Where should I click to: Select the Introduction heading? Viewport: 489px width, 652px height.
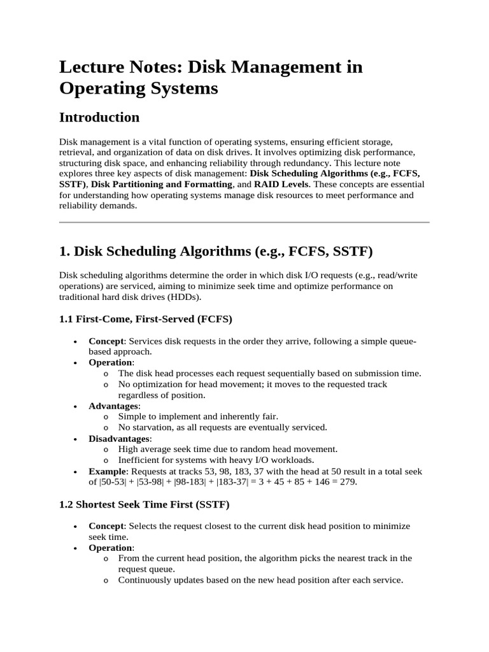point(99,117)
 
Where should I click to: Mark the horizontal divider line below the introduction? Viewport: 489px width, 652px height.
point(244,222)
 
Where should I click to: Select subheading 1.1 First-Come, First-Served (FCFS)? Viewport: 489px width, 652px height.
point(145,318)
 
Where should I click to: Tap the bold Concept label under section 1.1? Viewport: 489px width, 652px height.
point(106,341)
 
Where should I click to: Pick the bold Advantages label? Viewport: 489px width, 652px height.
point(113,406)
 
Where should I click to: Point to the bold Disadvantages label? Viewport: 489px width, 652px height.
point(119,438)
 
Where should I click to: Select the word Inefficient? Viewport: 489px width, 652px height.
point(139,460)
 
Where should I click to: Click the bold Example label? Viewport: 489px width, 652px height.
point(108,471)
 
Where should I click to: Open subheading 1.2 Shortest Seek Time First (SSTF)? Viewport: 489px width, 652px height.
point(144,504)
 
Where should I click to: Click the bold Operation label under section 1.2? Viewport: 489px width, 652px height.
point(110,548)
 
